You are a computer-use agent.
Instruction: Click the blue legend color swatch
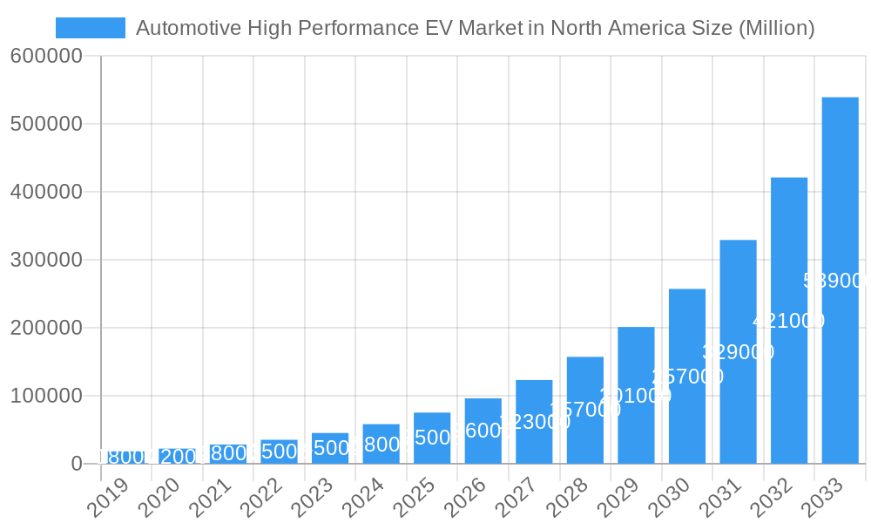90,28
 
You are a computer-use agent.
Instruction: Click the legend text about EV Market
475,28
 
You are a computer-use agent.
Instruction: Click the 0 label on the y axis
77,464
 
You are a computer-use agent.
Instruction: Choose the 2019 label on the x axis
109,498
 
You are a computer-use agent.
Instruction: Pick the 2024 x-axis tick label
364,498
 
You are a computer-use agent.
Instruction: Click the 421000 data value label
789,321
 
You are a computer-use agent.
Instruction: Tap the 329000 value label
738,352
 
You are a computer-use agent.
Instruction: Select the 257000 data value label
687,377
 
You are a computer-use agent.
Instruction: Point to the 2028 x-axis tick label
568,498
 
